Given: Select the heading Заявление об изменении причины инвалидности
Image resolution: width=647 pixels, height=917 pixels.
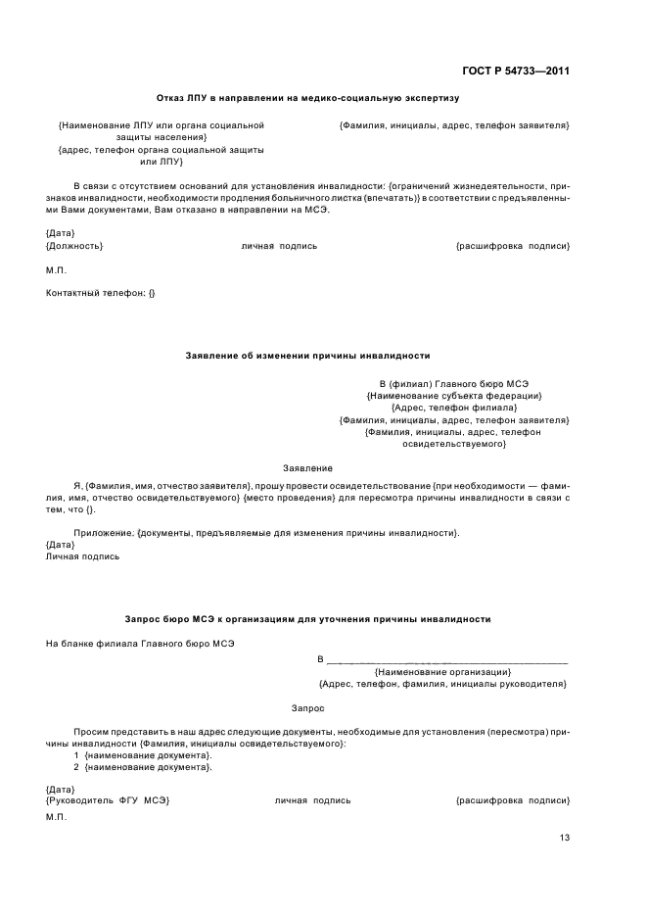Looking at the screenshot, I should point(307,356).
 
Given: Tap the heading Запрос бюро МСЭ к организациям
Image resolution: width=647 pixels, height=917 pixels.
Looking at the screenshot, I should point(307,619).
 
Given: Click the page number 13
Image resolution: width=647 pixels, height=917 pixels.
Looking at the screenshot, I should point(565,838).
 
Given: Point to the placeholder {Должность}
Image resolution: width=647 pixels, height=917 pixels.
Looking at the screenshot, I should point(74,246).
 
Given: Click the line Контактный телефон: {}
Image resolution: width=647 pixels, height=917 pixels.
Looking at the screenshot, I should point(101,292).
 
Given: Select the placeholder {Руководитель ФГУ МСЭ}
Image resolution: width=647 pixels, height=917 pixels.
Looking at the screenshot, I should point(108,800).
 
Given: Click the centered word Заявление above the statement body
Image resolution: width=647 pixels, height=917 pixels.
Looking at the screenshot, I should point(307,468).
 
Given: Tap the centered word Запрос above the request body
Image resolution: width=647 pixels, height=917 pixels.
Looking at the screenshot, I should point(307,707).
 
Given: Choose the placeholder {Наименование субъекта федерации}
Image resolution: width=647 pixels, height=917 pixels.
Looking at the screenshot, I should point(454,396).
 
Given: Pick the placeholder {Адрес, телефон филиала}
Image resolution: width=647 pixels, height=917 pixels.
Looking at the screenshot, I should point(454,408).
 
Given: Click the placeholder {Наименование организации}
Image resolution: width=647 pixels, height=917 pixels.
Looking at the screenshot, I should point(442,672).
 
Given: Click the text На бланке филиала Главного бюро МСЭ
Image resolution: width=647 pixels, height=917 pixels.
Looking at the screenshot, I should point(140,644).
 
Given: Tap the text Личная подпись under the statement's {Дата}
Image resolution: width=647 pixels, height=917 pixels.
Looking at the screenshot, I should point(83,556).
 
